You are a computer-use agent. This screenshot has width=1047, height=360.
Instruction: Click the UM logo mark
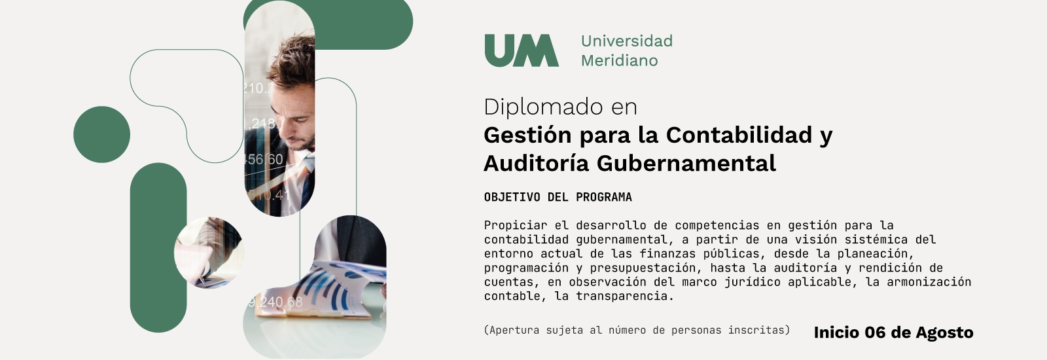(x=522, y=50)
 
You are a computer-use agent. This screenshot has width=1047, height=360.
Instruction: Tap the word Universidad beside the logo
(x=627, y=41)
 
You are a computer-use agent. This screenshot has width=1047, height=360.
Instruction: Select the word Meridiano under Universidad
(x=619, y=61)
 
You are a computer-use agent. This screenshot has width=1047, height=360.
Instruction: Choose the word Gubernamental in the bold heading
(x=686, y=164)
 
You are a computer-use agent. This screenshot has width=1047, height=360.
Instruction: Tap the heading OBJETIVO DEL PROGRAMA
(x=558, y=197)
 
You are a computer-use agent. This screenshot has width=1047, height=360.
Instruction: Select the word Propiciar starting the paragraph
(x=516, y=225)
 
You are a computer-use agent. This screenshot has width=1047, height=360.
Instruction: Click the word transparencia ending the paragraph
(x=625, y=296)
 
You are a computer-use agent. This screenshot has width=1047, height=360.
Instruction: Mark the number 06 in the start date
(x=876, y=333)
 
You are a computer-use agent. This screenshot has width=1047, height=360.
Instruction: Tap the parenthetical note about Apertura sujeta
(x=637, y=330)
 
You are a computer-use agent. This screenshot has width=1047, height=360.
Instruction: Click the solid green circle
(x=102, y=135)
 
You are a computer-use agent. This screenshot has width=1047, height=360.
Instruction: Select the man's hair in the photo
(x=292, y=61)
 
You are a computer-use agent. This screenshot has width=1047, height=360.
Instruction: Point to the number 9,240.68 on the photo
(x=275, y=302)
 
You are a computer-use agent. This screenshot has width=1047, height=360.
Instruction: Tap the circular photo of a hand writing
(x=209, y=253)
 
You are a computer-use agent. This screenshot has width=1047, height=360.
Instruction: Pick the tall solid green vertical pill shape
(x=158, y=248)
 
